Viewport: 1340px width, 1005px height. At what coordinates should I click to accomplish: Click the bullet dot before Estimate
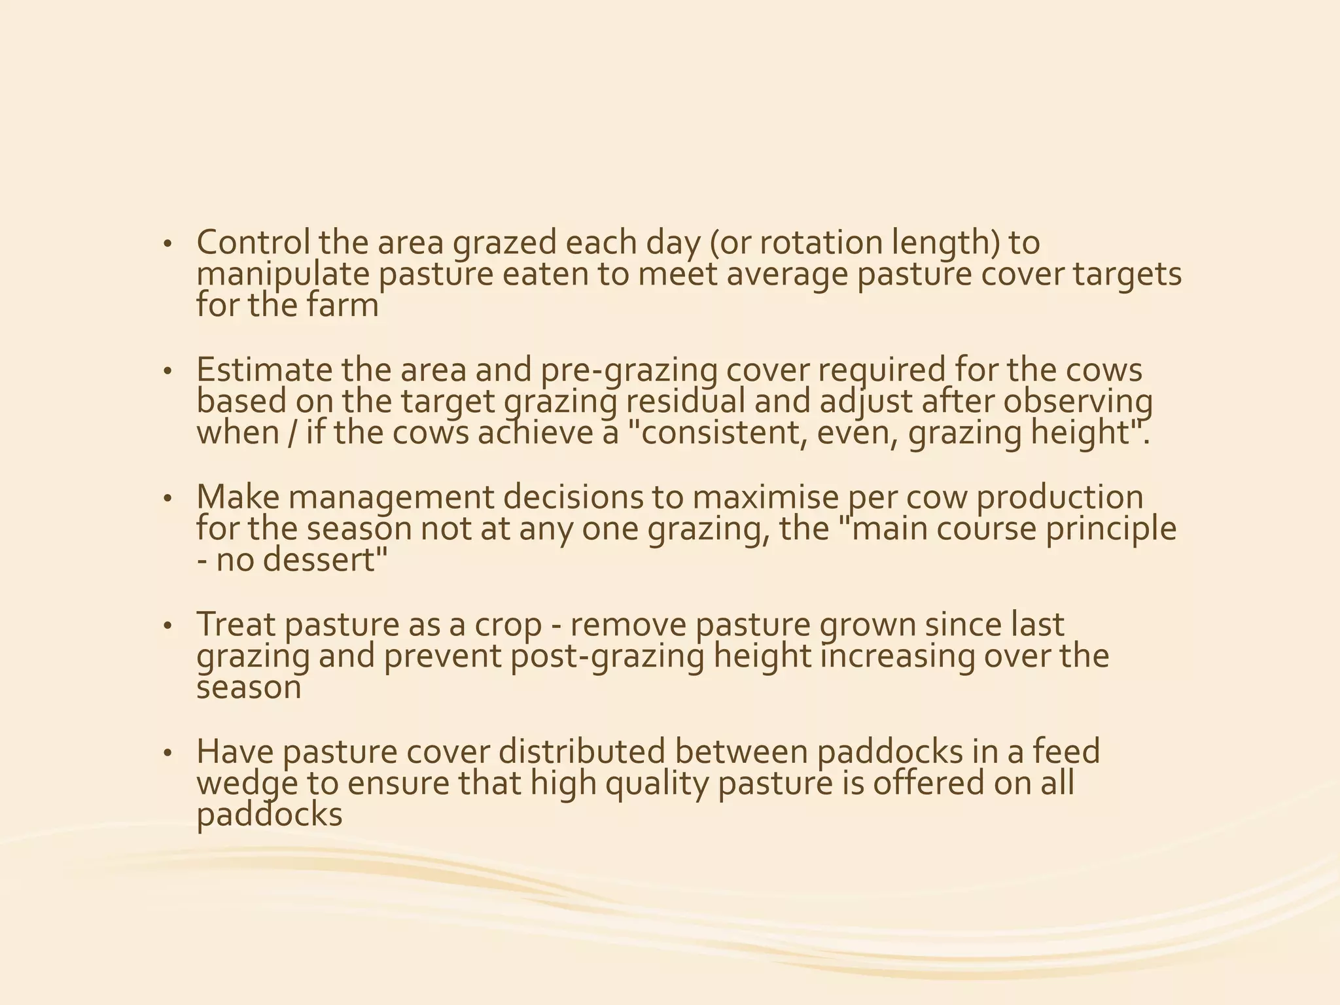click(167, 372)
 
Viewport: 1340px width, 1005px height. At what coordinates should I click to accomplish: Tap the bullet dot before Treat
click(167, 627)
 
